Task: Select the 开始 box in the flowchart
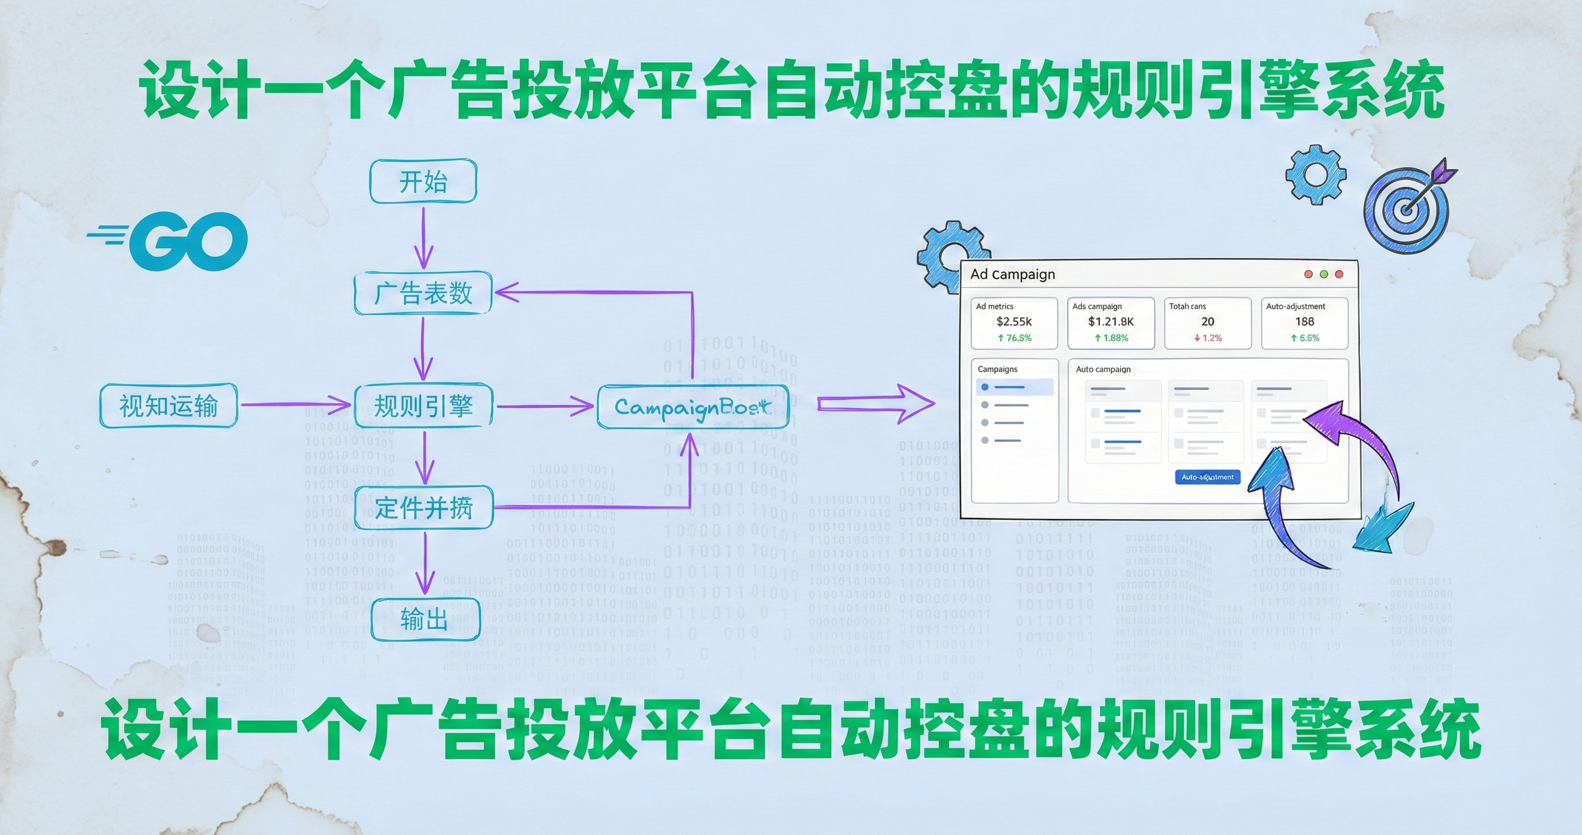tap(423, 182)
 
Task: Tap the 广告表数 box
tap(423, 293)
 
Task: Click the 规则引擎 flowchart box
tap(423, 406)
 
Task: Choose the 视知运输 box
tap(169, 406)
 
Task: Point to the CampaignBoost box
tap(693, 406)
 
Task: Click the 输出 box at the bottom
tap(425, 619)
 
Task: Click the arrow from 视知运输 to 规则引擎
tap(295, 405)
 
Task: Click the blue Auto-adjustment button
tap(1208, 477)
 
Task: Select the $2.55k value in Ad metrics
tap(1014, 321)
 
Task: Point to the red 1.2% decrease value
tap(1208, 338)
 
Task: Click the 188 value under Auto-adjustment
tap(1304, 321)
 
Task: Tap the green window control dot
tap(1324, 274)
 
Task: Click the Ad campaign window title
tap(1013, 274)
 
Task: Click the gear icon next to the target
tap(1315, 174)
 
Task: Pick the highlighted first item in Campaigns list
tap(1014, 387)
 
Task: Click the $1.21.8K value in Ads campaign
tap(1111, 321)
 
